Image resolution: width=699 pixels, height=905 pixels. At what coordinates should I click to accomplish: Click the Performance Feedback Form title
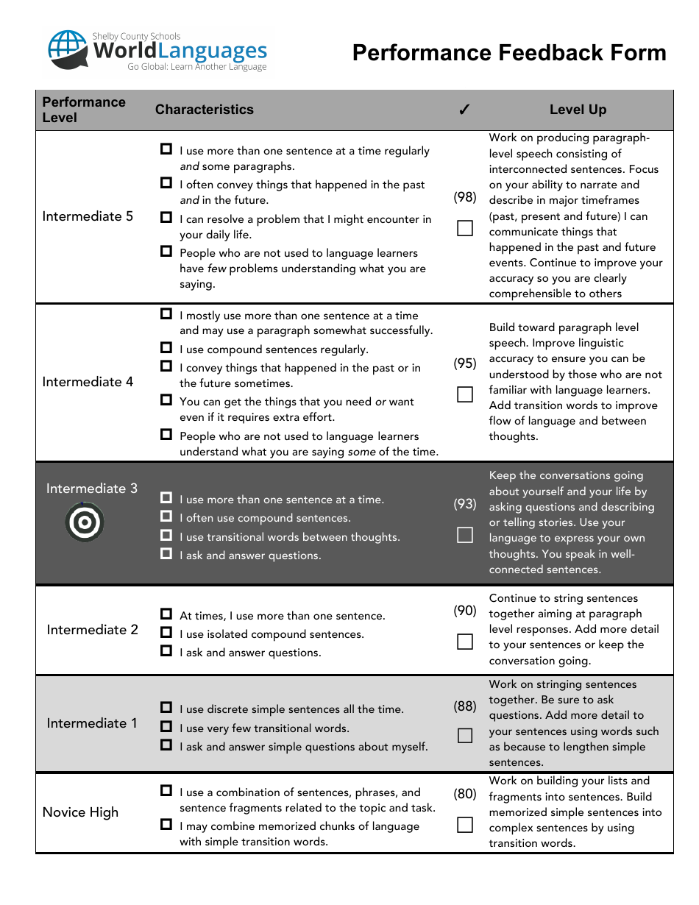coord(509,53)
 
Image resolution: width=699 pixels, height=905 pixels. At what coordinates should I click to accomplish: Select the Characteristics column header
coord(204,110)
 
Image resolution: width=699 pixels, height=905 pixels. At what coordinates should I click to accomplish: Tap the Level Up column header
coord(578,110)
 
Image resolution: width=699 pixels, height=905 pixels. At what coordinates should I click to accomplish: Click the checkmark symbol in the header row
coord(464,110)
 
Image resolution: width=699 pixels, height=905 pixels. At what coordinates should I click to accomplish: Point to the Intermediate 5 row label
coord(88,216)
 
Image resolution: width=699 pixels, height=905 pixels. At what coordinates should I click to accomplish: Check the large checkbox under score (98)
coord(465,228)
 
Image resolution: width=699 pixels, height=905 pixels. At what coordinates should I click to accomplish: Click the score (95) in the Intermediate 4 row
coord(465,363)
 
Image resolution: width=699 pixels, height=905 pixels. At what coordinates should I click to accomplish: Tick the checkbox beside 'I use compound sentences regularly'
coord(167,348)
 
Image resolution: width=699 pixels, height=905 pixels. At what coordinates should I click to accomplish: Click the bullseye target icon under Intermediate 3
coord(85,522)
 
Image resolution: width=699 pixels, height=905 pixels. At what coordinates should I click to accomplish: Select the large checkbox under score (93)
coord(465,535)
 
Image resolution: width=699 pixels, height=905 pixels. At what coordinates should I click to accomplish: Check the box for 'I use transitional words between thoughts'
coord(167,536)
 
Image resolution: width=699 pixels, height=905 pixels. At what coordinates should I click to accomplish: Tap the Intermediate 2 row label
coord(92,630)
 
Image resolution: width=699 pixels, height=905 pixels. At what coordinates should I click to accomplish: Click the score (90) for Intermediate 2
coord(465,611)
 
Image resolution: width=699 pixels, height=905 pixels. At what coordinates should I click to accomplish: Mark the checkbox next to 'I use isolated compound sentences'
coord(167,633)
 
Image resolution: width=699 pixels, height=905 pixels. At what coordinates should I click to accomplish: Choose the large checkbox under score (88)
coord(465,736)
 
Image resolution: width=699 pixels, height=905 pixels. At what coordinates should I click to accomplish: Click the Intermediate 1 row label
coord(92,723)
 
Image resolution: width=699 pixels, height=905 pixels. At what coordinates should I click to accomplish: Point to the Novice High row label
coord(80,812)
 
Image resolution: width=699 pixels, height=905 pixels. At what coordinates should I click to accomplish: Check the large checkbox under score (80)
coord(465,825)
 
